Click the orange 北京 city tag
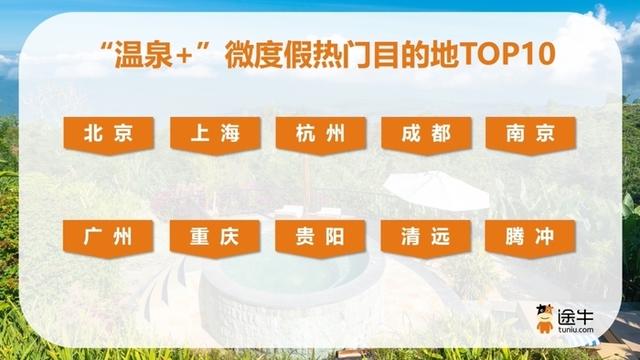pos(109,134)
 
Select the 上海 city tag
pos(215,134)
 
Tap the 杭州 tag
pos(321,134)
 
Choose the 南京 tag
pos(529,134)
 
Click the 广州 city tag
pos(109,238)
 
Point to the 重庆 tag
pos(215,238)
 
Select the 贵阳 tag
pos(321,238)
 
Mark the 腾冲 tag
pos(529,238)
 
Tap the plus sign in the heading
pos(170,50)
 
